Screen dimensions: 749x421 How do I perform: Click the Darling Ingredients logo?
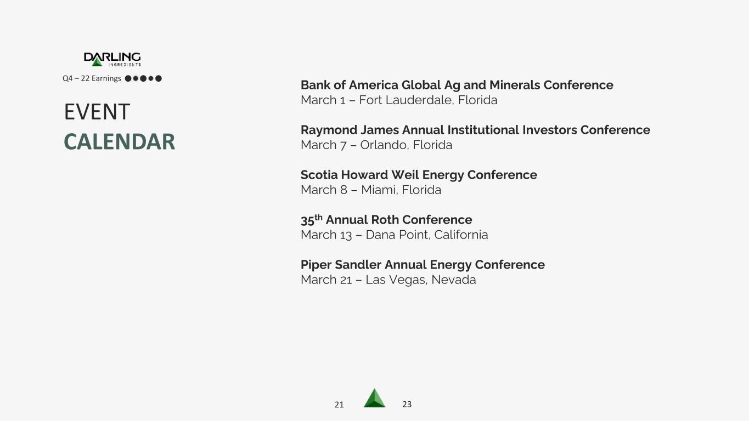pos(112,59)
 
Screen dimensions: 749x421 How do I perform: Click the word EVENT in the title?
pos(97,112)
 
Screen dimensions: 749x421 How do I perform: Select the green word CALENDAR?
pos(119,141)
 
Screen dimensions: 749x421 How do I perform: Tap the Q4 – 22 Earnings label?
pos(92,78)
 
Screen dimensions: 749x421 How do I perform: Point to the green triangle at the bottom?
pos(374,399)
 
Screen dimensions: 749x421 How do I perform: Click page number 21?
pos(339,405)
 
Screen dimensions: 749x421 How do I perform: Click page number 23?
pos(407,405)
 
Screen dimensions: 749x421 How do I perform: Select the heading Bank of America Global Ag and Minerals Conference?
pos(457,85)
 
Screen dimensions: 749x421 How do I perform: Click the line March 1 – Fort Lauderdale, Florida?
pos(399,100)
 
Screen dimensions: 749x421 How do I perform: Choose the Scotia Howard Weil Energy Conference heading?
pos(419,175)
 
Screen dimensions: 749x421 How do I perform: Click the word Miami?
pos(379,190)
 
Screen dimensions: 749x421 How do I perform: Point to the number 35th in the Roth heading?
pos(311,219)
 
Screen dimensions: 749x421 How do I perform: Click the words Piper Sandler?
pos(341,265)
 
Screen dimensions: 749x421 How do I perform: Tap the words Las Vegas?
pos(396,280)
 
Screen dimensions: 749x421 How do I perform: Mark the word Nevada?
pos(453,280)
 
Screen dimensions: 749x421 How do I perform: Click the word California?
pos(461,235)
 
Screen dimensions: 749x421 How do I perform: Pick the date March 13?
pos(326,235)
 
